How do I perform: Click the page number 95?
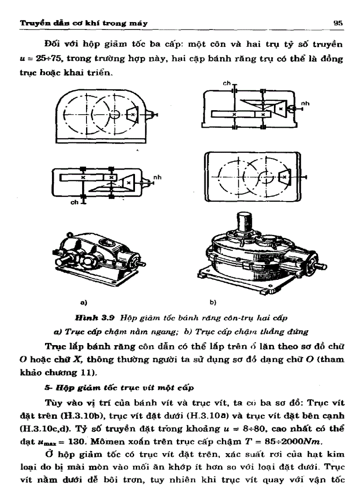[341, 22]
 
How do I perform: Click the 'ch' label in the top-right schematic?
[226, 84]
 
